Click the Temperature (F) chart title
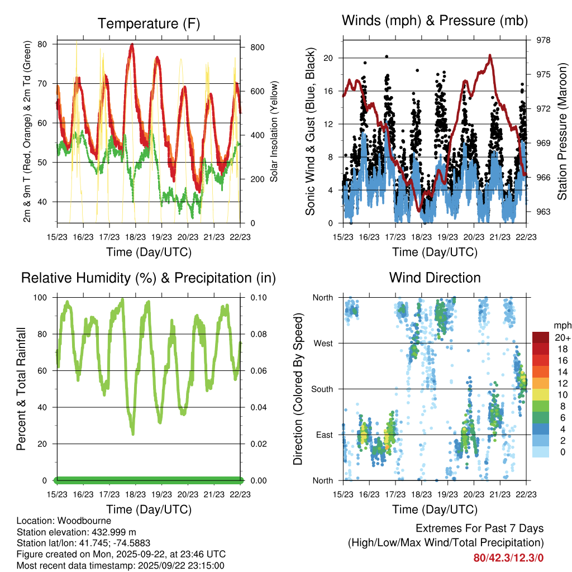[149, 23]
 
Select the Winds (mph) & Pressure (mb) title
[435, 21]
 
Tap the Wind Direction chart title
[435, 278]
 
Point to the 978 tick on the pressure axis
[544, 40]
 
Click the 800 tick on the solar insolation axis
[257, 47]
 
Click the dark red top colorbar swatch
[542, 337]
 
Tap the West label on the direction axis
[323, 343]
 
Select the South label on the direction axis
[322, 389]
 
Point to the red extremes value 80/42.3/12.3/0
[508, 557]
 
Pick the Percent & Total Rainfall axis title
[21, 389]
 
